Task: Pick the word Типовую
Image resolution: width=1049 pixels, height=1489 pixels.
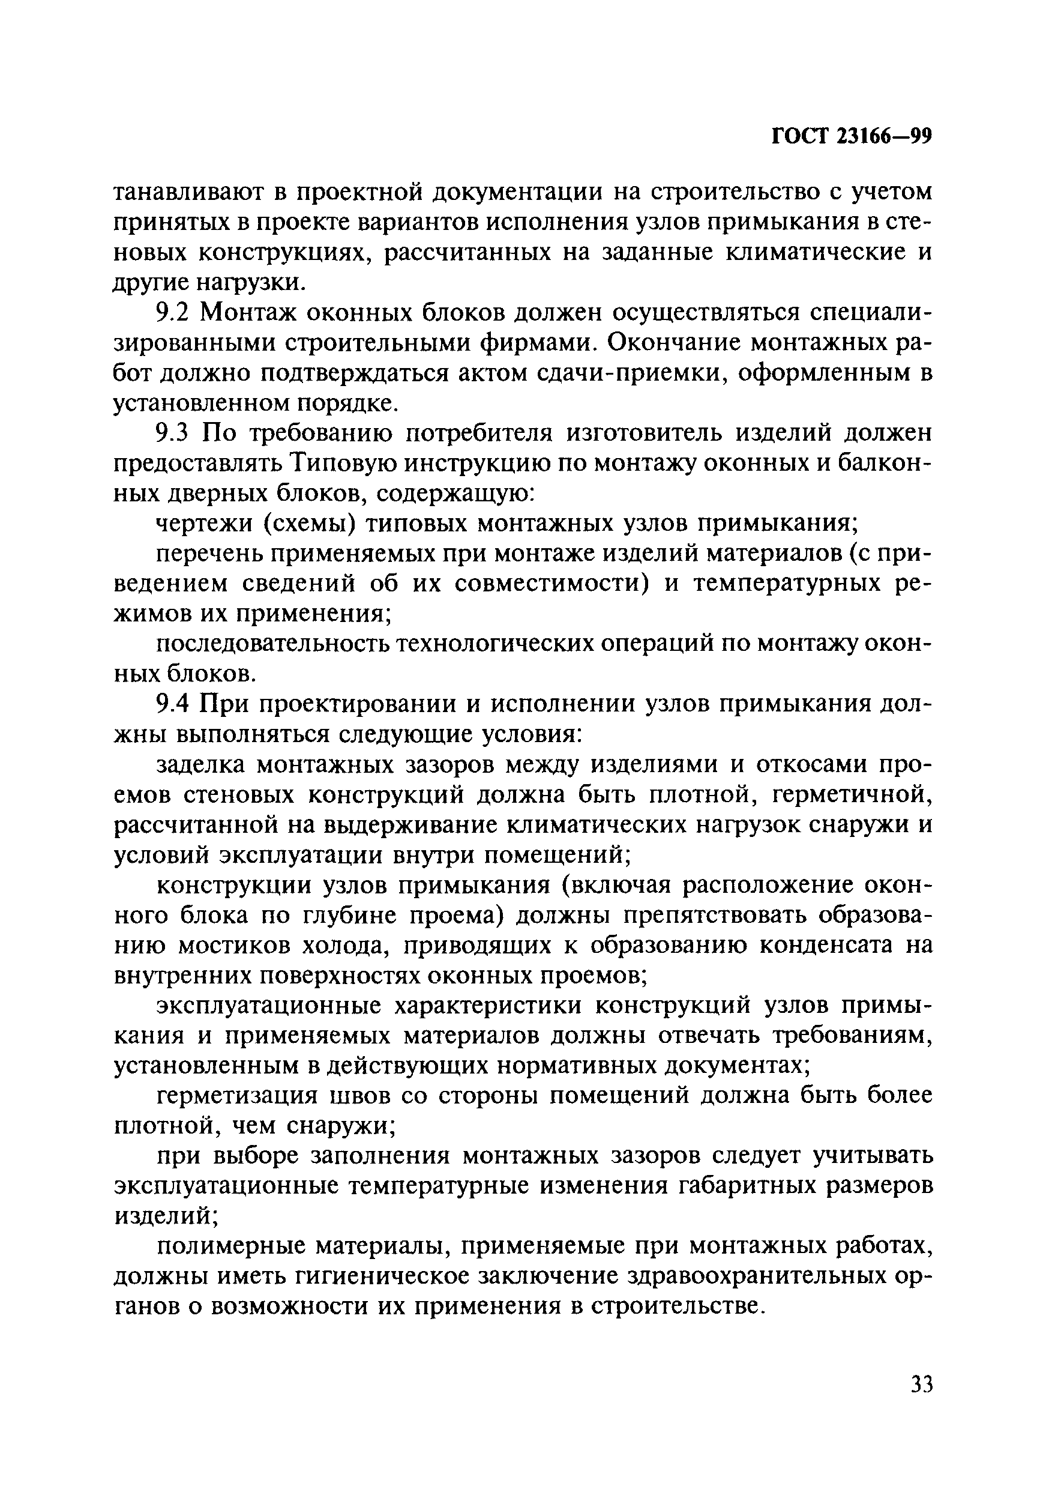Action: [340, 463]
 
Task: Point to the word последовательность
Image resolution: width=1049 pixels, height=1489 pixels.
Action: [272, 644]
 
